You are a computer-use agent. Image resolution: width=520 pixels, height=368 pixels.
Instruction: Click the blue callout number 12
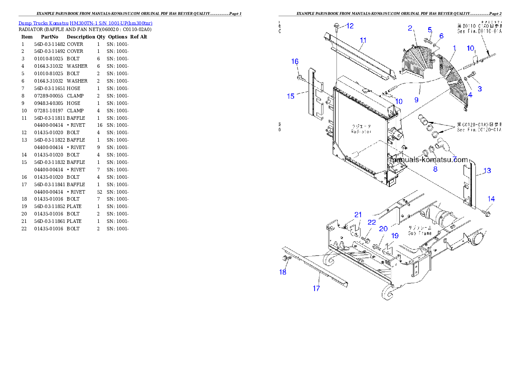(x=350, y=26)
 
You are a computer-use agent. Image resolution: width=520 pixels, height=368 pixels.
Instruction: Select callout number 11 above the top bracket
(x=363, y=40)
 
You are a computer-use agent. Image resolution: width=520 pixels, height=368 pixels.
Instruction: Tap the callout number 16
(x=295, y=61)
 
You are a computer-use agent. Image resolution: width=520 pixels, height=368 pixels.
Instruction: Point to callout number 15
(x=291, y=96)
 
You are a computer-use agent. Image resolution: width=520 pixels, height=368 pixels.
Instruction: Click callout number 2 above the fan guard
(x=410, y=28)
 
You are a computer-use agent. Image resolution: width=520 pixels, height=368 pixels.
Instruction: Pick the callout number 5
(x=430, y=30)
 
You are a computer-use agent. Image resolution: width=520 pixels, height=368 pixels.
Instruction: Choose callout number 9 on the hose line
(x=416, y=100)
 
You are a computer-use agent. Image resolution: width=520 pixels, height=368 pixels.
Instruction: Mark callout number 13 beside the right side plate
(x=487, y=170)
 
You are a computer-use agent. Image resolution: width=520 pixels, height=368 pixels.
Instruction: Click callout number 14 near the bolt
(x=491, y=199)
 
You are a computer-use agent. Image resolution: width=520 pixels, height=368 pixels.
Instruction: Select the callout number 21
(x=358, y=215)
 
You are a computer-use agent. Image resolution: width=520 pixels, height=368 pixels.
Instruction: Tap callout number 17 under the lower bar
(x=316, y=288)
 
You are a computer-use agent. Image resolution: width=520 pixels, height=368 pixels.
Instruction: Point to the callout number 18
(x=283, y=272)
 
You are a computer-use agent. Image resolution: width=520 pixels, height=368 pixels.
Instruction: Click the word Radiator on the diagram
(x=361, y=131)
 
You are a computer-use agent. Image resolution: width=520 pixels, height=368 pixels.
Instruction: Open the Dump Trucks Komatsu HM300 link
(x=85, y=23)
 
